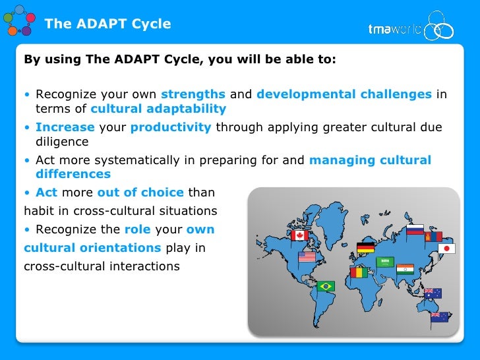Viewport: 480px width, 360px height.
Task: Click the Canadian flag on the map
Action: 299,235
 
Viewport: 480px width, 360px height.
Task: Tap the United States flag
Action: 307,256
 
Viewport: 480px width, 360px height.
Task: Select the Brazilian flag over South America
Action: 326,285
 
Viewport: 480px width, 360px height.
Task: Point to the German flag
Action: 365,248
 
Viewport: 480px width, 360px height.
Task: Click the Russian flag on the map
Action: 415,230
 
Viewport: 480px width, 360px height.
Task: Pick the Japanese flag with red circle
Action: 447,249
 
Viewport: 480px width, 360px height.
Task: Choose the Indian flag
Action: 405,269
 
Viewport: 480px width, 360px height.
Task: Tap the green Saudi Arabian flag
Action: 384,262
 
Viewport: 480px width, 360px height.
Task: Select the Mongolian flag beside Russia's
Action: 433,236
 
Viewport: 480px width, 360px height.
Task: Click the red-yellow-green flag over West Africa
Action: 359,272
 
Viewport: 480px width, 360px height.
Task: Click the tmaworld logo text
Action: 395,29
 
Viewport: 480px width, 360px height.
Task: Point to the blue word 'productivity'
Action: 171,127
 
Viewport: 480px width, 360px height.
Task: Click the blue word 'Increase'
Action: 65,127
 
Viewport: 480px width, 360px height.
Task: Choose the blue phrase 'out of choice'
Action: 140,193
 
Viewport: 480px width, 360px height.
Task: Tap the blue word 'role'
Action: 137,229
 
